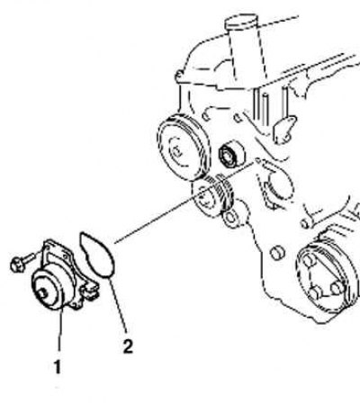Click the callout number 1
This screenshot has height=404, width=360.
pyautogui.click(x=58, y=366)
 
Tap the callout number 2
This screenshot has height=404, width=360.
pyautogui.click(x=128, y=346)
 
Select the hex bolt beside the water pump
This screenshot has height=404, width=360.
pyautogui.click(x=22, y=262)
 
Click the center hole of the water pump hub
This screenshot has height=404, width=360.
pyautogui.click(x=42, y=293)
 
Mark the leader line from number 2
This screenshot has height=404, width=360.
pyautogui.click(x=118, y=304)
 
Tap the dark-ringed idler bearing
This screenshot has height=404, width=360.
pyautogui.click(x=231, y=155)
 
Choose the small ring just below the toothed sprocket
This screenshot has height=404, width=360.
pyautogui.click(x=230, y=219)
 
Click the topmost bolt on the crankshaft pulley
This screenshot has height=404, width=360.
pyautogui.click(x=308, y=260)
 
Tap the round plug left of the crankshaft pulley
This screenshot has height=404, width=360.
pyautogui.click(x=277, y=254)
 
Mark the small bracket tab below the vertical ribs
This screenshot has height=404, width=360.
pyautogui.click(x=283, y=129)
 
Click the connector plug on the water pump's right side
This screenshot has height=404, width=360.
pyautogui.click(x=89, y=291)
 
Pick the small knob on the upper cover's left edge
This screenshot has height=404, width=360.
pyautogui.click(x=179, y=75)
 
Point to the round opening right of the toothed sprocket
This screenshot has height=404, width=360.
pyautogui.click(x=280, y=184)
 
